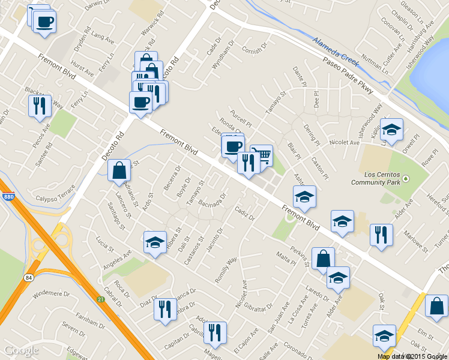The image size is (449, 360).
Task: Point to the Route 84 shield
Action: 28,277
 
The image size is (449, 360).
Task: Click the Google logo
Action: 21,350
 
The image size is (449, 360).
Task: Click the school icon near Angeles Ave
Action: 155,242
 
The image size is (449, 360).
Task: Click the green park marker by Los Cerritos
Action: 405,179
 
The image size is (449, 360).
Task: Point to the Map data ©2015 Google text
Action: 412,356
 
